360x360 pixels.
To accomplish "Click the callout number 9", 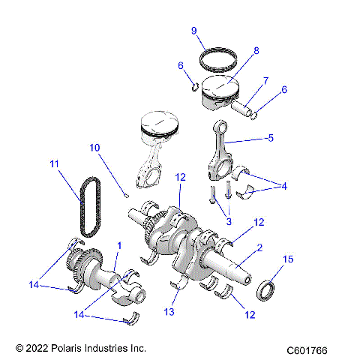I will click(x=193, y=31).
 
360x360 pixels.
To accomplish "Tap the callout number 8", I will click(x=256, y=51).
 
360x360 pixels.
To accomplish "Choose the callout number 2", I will click(x=259, y=247).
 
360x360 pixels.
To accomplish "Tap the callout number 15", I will click(x=287, y=259).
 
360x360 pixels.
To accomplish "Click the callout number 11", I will click(x=53, y=163).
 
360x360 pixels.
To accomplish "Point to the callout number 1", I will click(x=118, y=246).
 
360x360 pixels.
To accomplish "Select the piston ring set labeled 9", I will click(x=217, y=57).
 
